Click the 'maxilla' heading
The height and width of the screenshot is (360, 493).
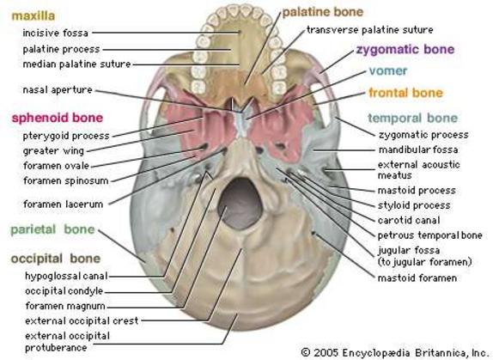click(33, 15)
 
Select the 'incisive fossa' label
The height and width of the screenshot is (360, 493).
click(55, 33)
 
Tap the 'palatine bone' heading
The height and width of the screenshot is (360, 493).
click(323, 12)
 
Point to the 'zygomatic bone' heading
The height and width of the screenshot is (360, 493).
click(405, 49)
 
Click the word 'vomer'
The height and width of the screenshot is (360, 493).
click(388, 70)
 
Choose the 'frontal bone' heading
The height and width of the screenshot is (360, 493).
click(405, 93)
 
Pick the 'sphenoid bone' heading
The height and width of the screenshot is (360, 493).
click(58, 118)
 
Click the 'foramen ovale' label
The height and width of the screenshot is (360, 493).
click(57, 166)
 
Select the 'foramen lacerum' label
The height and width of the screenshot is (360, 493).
click(64, 204)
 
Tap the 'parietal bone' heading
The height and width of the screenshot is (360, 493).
click(52, 229)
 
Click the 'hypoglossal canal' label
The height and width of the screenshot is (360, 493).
click(66, 276)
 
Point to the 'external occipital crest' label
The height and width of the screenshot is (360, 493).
click(82, 321)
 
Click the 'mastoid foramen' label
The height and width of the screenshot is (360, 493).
click(417, 278)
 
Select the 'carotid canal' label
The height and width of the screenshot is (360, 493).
click(409, 220)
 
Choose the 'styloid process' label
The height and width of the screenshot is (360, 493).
click(414, 205)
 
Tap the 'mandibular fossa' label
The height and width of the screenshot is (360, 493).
click(418, 149)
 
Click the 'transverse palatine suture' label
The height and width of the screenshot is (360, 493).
click(369, 30)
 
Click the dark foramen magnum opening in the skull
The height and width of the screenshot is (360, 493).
click(240, 203)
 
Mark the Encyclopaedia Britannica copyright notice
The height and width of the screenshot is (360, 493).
click(394, 351)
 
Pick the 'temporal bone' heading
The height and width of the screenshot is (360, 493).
click(412, 119)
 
